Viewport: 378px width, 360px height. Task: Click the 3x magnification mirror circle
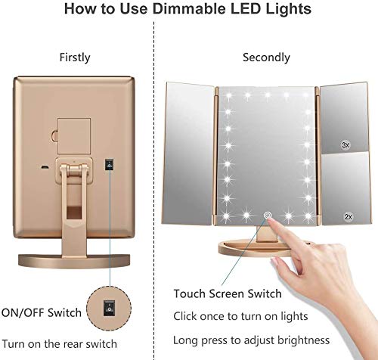tap(346, 144)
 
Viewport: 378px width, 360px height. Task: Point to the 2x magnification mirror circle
tap(346, 216)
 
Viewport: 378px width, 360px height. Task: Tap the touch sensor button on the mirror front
tap(266, 216)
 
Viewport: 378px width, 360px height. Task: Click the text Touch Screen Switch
tap(217, 293)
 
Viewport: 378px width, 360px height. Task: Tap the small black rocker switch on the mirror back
tap(109, 164)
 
